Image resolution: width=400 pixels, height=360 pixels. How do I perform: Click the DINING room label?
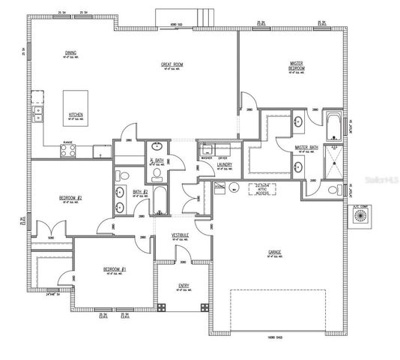(x=70, y=52)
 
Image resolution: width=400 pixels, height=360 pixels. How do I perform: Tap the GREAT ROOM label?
(x=172, y=64)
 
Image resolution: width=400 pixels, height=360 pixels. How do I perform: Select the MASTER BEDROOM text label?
(x=297, y=65)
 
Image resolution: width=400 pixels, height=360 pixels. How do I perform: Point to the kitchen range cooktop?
(x=68, y=150)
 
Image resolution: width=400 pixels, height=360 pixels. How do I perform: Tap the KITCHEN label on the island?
(x=76, y=115)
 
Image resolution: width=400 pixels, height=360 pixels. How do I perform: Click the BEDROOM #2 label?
(x=70, y=198)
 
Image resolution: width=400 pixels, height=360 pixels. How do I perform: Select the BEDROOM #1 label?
(x=115, y=268)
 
